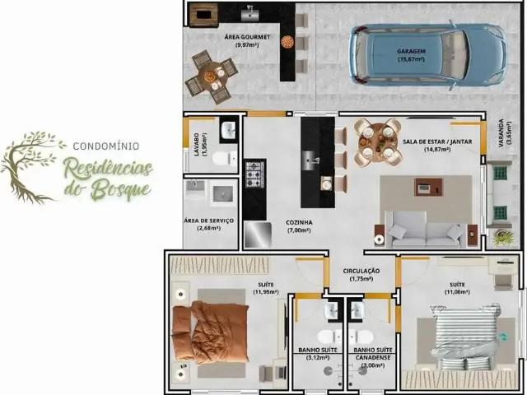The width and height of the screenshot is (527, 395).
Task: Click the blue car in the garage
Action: [x=427, y=55]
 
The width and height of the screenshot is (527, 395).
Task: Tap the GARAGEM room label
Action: [x=411, y=51]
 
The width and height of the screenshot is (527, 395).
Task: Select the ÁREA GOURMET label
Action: [x=247, y=37]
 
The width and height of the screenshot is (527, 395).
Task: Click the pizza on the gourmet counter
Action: [x=287, y=42]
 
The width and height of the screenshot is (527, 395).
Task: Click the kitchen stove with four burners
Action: [x=254, y=174]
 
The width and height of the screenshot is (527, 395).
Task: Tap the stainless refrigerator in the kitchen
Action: [x=258, y=235]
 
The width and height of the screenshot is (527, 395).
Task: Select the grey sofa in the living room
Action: [x=426, y=230]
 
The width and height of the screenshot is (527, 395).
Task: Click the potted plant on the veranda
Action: [x=503, y=237]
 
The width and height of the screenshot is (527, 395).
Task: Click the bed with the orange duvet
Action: [x=210, y=332]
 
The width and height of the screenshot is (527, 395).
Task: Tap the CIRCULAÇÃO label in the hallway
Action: [x=361, y=271]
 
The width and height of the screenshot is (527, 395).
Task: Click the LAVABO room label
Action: [x=196, y=145]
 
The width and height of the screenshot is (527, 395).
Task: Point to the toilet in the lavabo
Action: [x=225, y=159]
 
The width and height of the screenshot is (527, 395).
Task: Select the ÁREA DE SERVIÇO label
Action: [x=208, y=221]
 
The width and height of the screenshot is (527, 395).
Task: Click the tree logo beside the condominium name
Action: [x=33, y=167]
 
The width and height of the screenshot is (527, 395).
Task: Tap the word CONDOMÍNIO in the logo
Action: [x=106, y=146]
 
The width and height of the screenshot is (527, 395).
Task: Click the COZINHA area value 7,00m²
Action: [x=299, y=230]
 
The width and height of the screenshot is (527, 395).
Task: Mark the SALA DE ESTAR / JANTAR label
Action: [x=437, y=142]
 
